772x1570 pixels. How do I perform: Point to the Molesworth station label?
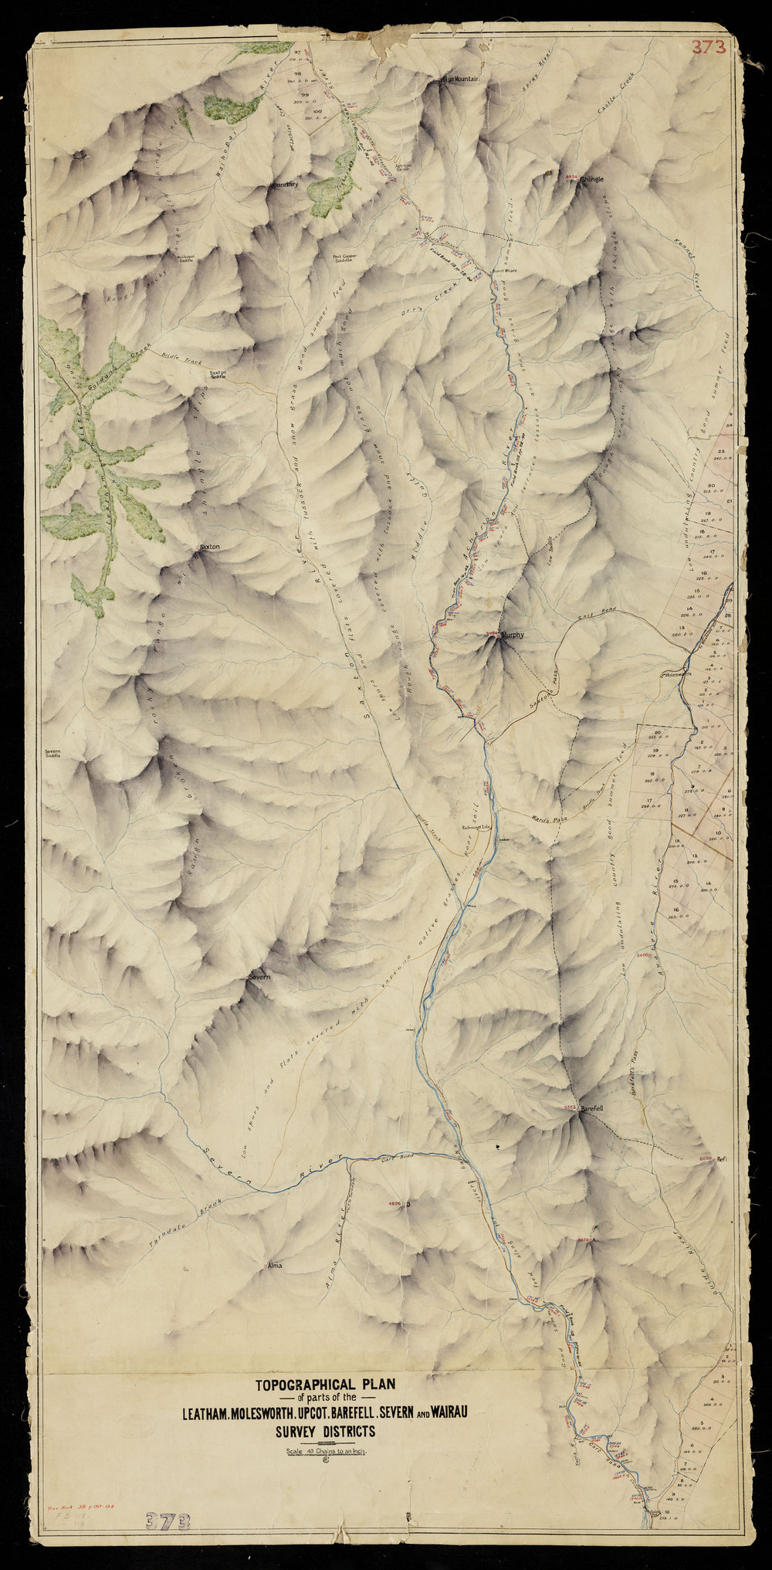click(x=679, y=673)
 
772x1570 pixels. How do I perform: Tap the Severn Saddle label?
click(x=52, y=752)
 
